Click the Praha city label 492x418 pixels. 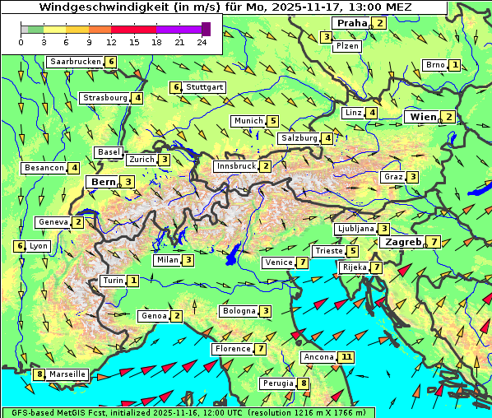tap(350, 23)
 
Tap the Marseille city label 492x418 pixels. tap(67, 374)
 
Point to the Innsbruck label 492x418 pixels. tap(235, 166)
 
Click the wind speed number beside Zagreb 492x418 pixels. tap(434, 242)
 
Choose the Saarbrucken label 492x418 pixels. tap(75, 62)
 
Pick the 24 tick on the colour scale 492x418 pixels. tap(202, 42)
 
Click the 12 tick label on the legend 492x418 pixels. tap(111, 42)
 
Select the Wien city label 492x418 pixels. tap(423, 117)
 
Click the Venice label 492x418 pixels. tap(278, 262)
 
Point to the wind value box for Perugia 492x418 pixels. tap(304, 383)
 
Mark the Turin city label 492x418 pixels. tap(113, 281)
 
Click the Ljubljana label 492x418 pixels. tap(355, 229)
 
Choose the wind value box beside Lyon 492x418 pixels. tap(19, 246)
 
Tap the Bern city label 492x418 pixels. tap(104, 182)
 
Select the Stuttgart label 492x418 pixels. tap(204, 87)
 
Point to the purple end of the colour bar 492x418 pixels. tap(206, 30)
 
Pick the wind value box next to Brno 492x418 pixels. tap(455, 65)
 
